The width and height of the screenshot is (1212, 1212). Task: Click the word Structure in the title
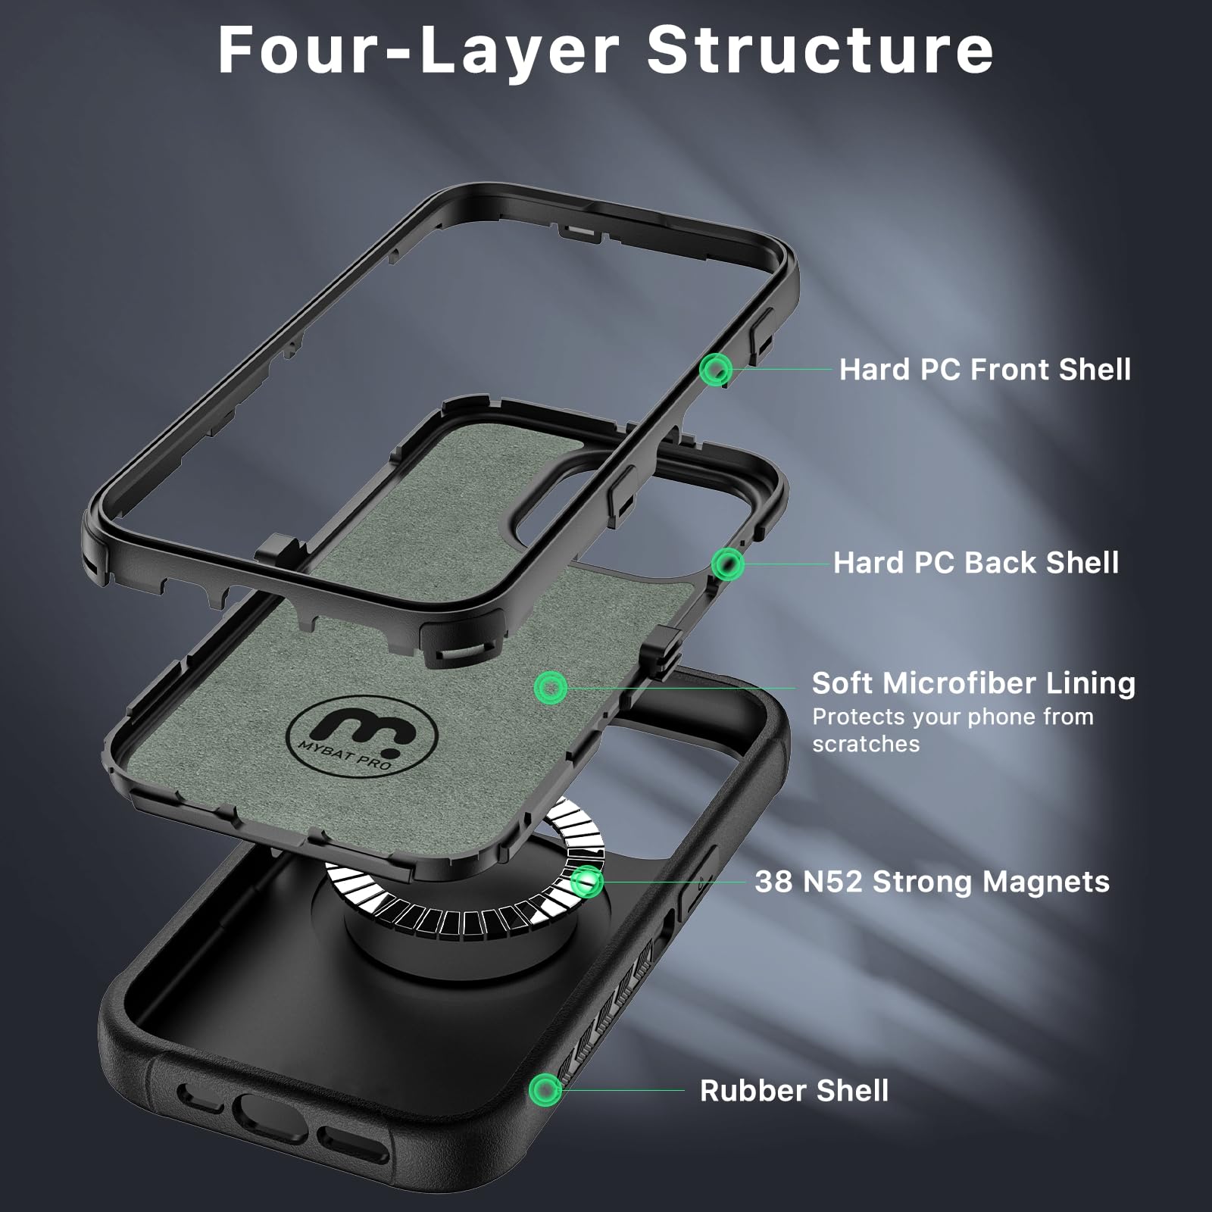pos(820,50)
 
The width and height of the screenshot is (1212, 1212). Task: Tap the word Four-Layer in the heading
pos(418,50)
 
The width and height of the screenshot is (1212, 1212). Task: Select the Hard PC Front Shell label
pos(985,370)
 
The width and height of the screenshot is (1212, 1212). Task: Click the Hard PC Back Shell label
pos(976,563)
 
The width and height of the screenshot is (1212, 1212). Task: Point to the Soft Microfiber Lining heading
pos(973,683)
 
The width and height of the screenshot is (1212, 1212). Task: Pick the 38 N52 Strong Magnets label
pos(932,882)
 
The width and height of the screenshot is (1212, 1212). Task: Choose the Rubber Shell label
pos(794,1091)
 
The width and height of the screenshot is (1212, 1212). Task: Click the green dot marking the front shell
pos(715,370)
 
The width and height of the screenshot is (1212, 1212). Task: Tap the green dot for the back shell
pos(727,564)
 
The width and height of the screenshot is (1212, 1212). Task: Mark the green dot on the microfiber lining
pos(551,688)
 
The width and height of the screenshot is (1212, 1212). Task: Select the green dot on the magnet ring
pos(587,881)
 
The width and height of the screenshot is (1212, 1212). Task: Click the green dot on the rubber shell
pos(545,1090)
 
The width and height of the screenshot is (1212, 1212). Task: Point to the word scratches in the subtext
pos(866,744)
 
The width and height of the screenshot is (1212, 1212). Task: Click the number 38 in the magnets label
pos(773,882)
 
